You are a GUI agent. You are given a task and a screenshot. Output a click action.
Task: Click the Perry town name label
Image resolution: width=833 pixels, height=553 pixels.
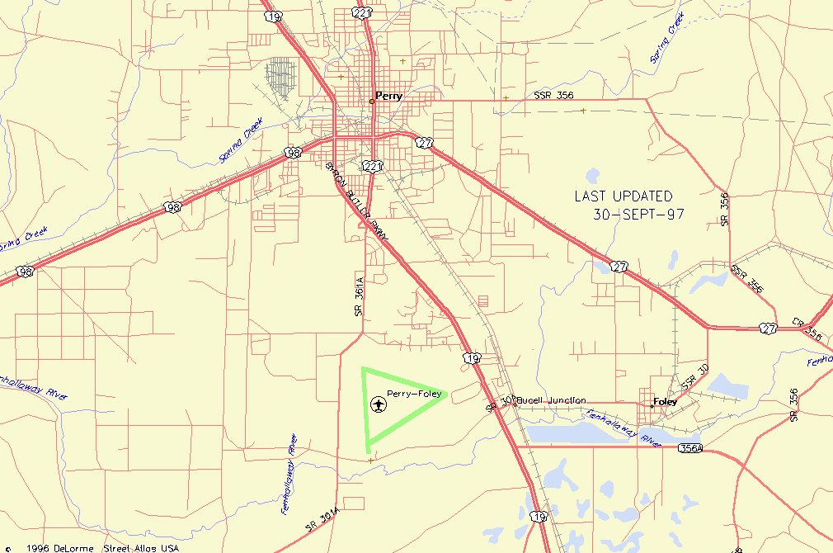[389, 96]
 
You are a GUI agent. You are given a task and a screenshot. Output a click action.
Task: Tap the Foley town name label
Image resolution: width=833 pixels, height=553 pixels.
[665, 402]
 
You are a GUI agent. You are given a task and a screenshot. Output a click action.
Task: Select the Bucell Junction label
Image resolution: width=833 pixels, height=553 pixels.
[552, 400]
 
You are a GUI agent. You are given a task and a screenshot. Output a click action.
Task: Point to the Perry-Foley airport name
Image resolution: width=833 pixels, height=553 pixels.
[414, 394]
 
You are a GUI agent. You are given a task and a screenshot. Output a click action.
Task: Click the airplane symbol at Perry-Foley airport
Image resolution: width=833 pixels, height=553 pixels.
[378, 404]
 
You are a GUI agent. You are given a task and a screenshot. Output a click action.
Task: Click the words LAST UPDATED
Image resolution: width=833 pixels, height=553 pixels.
[624, 196]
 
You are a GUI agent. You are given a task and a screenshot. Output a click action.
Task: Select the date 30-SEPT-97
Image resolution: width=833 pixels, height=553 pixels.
[638, 215]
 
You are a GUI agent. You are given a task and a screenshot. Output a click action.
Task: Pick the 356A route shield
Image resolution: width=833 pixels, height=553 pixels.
[690, 448]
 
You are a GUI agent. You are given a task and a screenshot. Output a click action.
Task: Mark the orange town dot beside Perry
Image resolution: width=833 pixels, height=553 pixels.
[371, 101]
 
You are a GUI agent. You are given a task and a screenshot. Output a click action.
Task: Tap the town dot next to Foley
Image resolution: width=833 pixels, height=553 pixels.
[652, 405]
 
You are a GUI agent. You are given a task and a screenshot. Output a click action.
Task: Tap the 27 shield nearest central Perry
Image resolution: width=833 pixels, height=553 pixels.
[424, 143]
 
